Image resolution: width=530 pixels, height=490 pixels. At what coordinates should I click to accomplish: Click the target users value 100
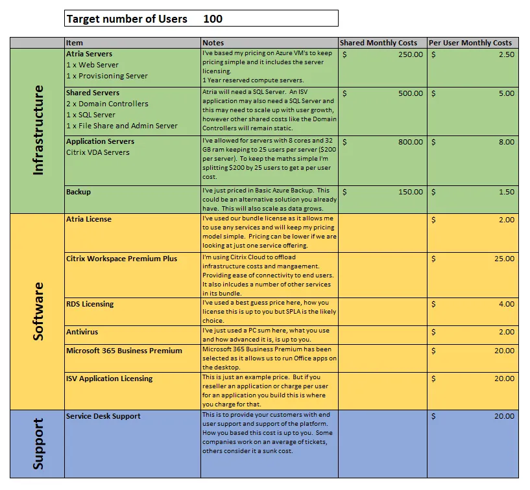pos(213,19)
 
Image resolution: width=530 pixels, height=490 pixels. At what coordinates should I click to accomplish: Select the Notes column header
pos(213,43)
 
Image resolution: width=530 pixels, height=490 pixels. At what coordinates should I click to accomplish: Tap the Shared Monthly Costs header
pos(379,43)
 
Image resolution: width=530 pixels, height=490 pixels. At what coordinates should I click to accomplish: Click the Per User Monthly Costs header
pos(470,43)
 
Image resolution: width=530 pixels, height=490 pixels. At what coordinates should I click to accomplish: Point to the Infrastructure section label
pos(38,130)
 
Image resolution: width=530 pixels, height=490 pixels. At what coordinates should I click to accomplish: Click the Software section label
pos(38,311)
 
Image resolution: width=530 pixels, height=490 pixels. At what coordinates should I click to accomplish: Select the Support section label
pos(38,443)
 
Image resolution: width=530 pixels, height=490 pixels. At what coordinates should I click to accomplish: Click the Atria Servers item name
pos(90,54)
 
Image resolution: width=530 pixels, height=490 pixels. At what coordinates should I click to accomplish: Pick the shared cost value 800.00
pos(410,142)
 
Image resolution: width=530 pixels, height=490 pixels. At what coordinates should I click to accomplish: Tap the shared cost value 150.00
pos(410,192)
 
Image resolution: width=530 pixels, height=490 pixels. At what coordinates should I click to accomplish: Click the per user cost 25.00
pos(503,259)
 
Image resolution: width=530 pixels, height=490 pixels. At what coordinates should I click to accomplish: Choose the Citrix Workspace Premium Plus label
pos(121,259)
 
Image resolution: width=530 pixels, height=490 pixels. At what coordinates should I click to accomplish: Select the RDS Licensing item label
pos(90,304)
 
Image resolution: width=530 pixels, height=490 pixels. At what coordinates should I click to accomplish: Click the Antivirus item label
pos(82,332)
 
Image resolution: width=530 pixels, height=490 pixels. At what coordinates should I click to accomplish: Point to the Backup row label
pos(78,192)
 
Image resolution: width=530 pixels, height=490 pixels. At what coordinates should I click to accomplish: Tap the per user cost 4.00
pos(506,304)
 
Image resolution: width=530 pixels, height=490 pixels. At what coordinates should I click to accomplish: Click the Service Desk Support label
pos(103,416)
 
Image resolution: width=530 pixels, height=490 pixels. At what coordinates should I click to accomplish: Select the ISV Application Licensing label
pos(109,379)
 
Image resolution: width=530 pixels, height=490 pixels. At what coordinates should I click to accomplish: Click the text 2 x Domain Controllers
pos(107,104)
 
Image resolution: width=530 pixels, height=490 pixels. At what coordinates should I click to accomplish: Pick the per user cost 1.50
pos(506,192)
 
